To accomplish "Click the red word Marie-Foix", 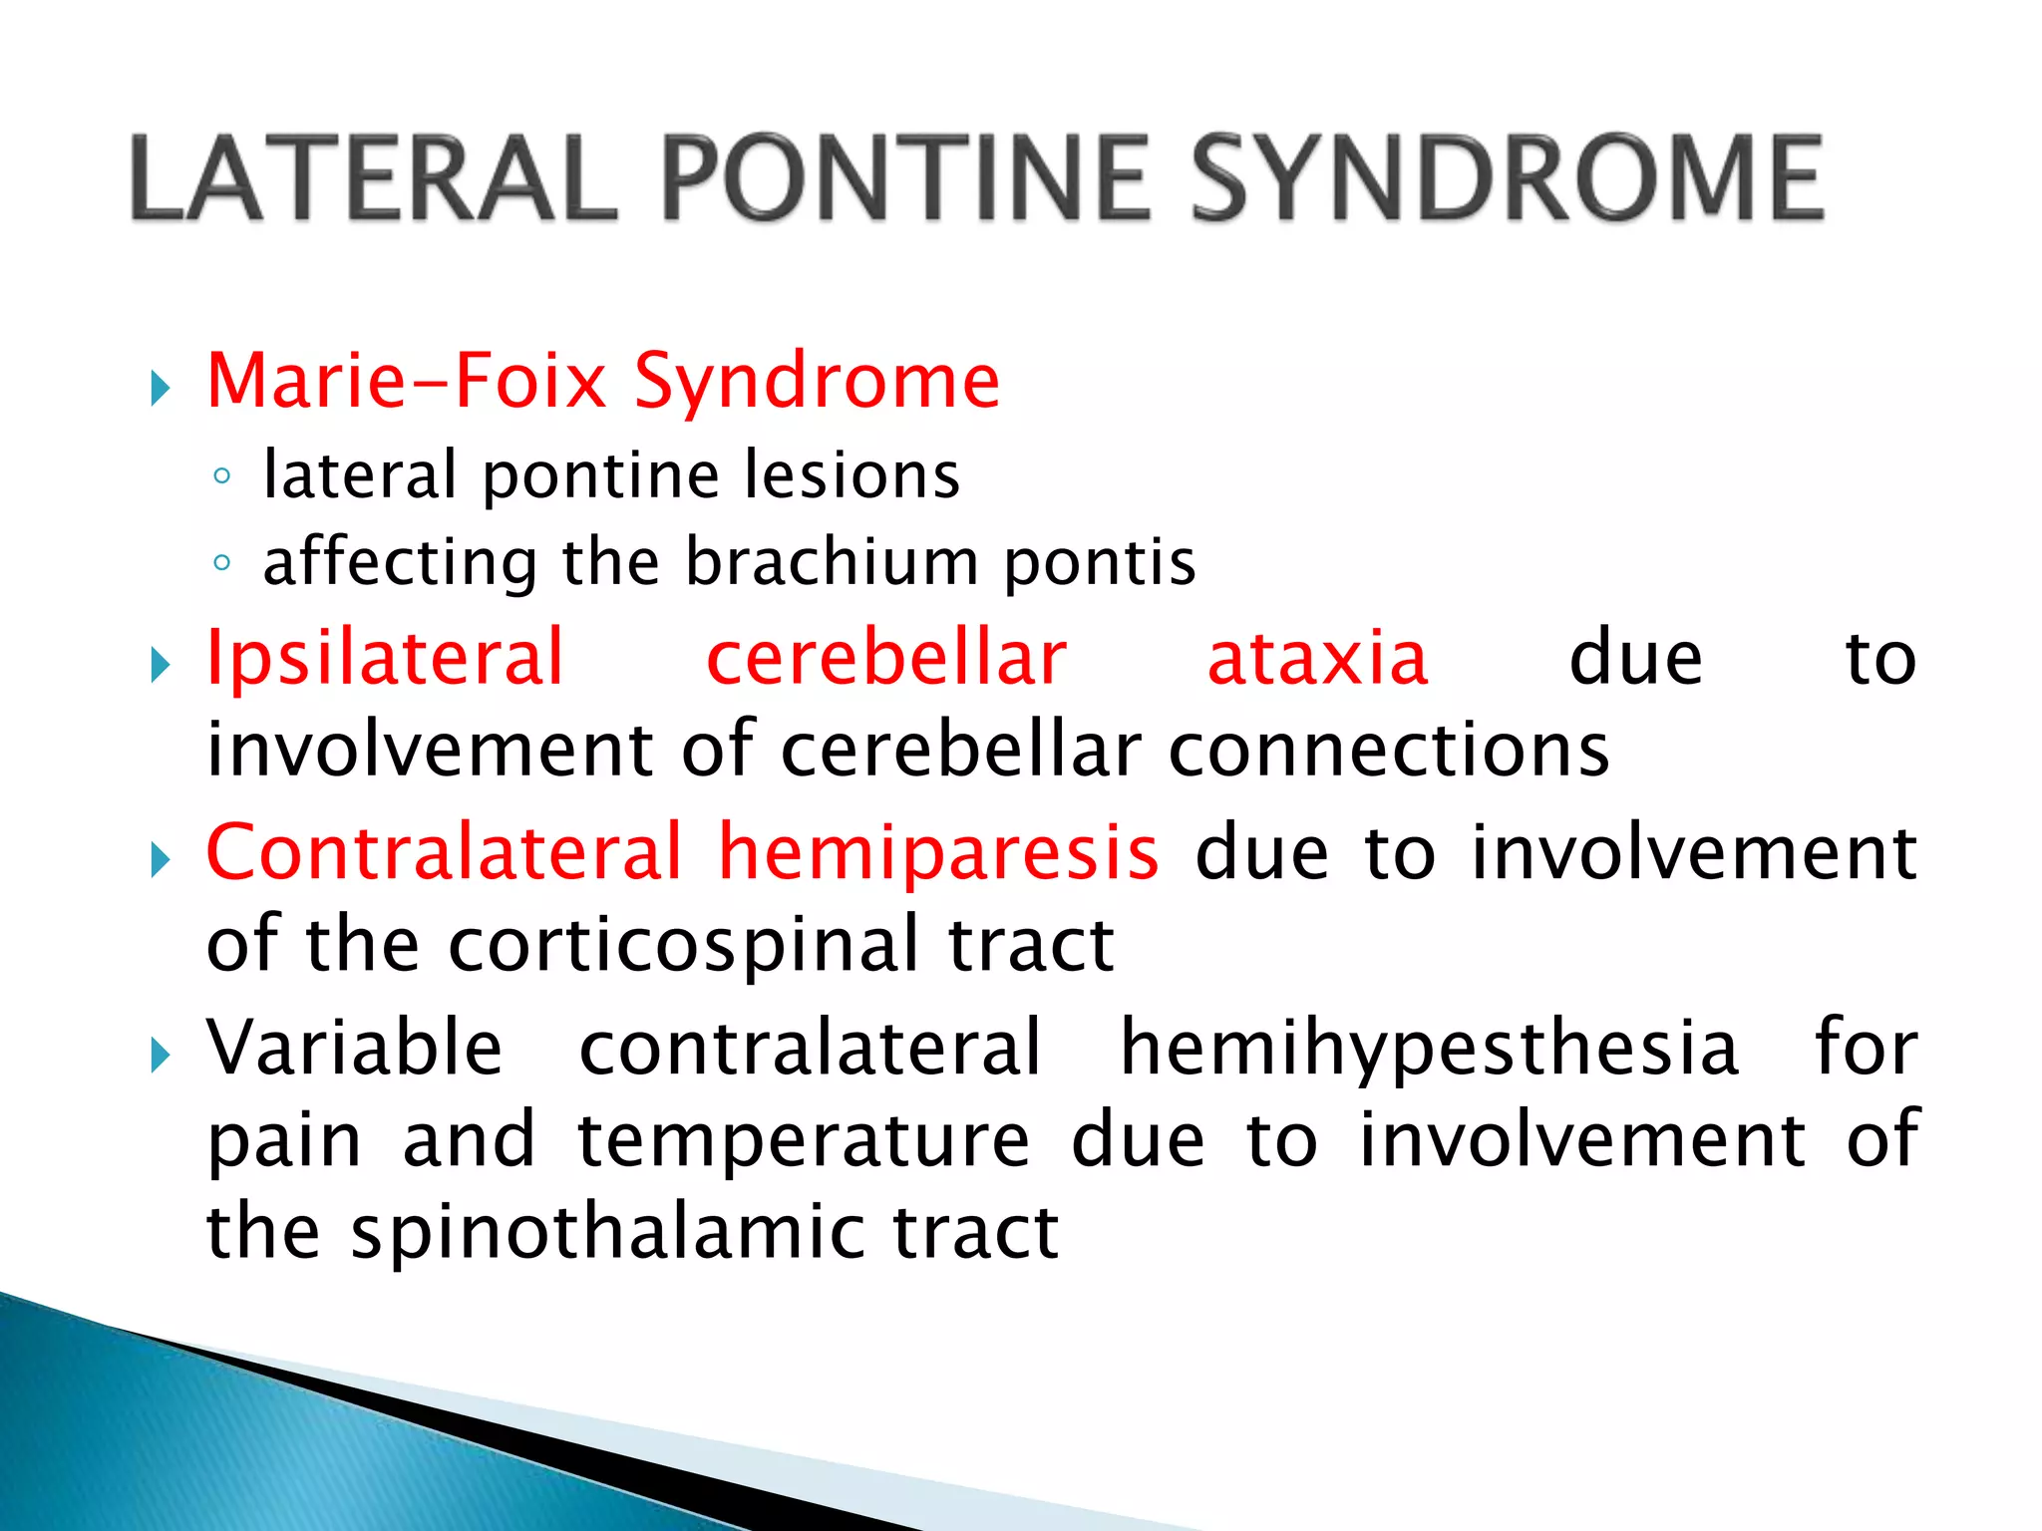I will pyautogui.click(x=407, y=381).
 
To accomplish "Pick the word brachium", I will pyautogui.click(x=832, y=562).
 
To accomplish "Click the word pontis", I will pyautogui.click(x=1099, y=562).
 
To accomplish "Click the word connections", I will pyautogui.click(x=1389, y=750).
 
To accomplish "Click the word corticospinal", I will pyautogui.click(x=684, y=944).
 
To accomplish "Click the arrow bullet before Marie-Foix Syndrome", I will pyautogui.click(x=161, y=387).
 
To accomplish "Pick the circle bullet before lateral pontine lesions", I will pyautogui.click(x=222, y=476).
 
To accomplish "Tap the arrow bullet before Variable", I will pyautogui.click(x=161, y=1054).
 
